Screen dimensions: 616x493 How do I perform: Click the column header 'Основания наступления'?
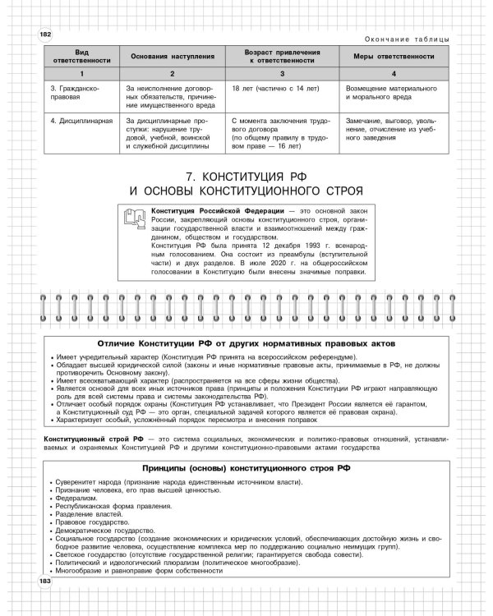[x=172, y=56]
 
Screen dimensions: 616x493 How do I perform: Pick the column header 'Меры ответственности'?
[x=394, y=56]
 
